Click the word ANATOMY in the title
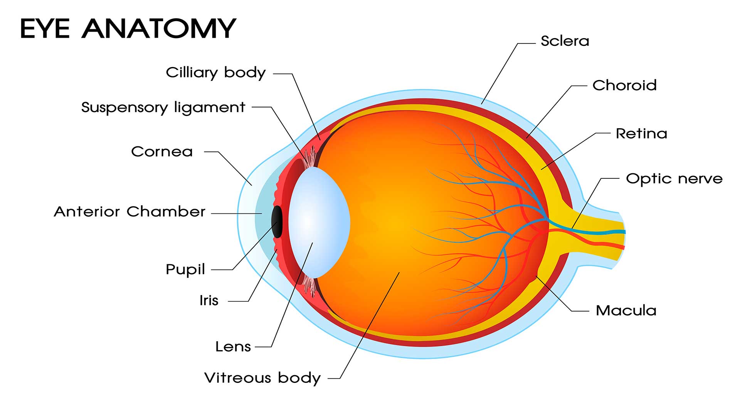[x=159, y=29]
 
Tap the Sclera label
[x=565, y=41]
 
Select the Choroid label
[x=624, y=86]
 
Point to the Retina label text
[x=641, y=134]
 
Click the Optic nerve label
[x=674, y=179]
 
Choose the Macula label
[x=626, y=310]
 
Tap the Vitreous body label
[x=262, y=378]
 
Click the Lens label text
[x=233, y=347]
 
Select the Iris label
[x=209, y=300]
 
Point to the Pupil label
[x=185, y=270]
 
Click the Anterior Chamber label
[x=129, y=212]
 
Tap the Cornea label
[x=161, y=152]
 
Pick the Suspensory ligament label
[x=163, y=107]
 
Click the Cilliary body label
[x=215, y=72]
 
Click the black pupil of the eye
[x=277, y=221]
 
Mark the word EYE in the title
[x=45, y=29]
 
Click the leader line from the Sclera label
[x=499, y=73]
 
